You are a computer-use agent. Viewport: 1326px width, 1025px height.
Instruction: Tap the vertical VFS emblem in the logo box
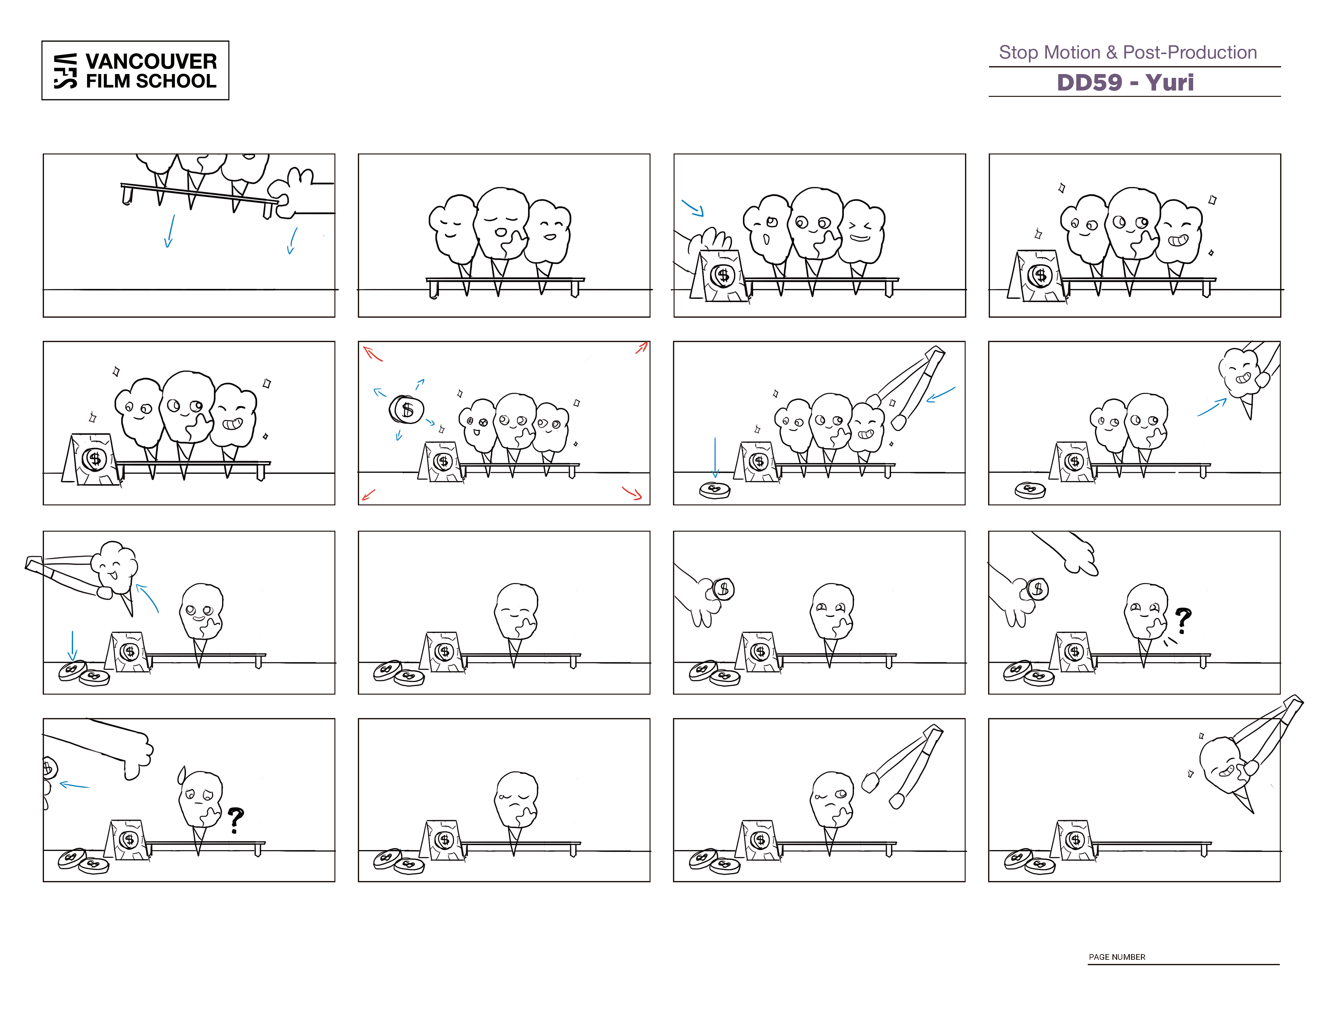pyautogui.click(x=65, y=71)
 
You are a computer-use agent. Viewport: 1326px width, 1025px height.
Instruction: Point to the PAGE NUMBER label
pyautogui.click(x=1117, y=956)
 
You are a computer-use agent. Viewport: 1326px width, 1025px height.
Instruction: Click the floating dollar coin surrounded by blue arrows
pyautogui.click(x=406, y=409)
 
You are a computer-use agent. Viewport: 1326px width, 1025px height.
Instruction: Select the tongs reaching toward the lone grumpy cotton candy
pyautogui.click(x=903, y=766)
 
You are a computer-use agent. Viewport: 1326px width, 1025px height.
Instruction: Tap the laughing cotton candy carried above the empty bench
pyautogui.click(x=1226, y=768)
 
